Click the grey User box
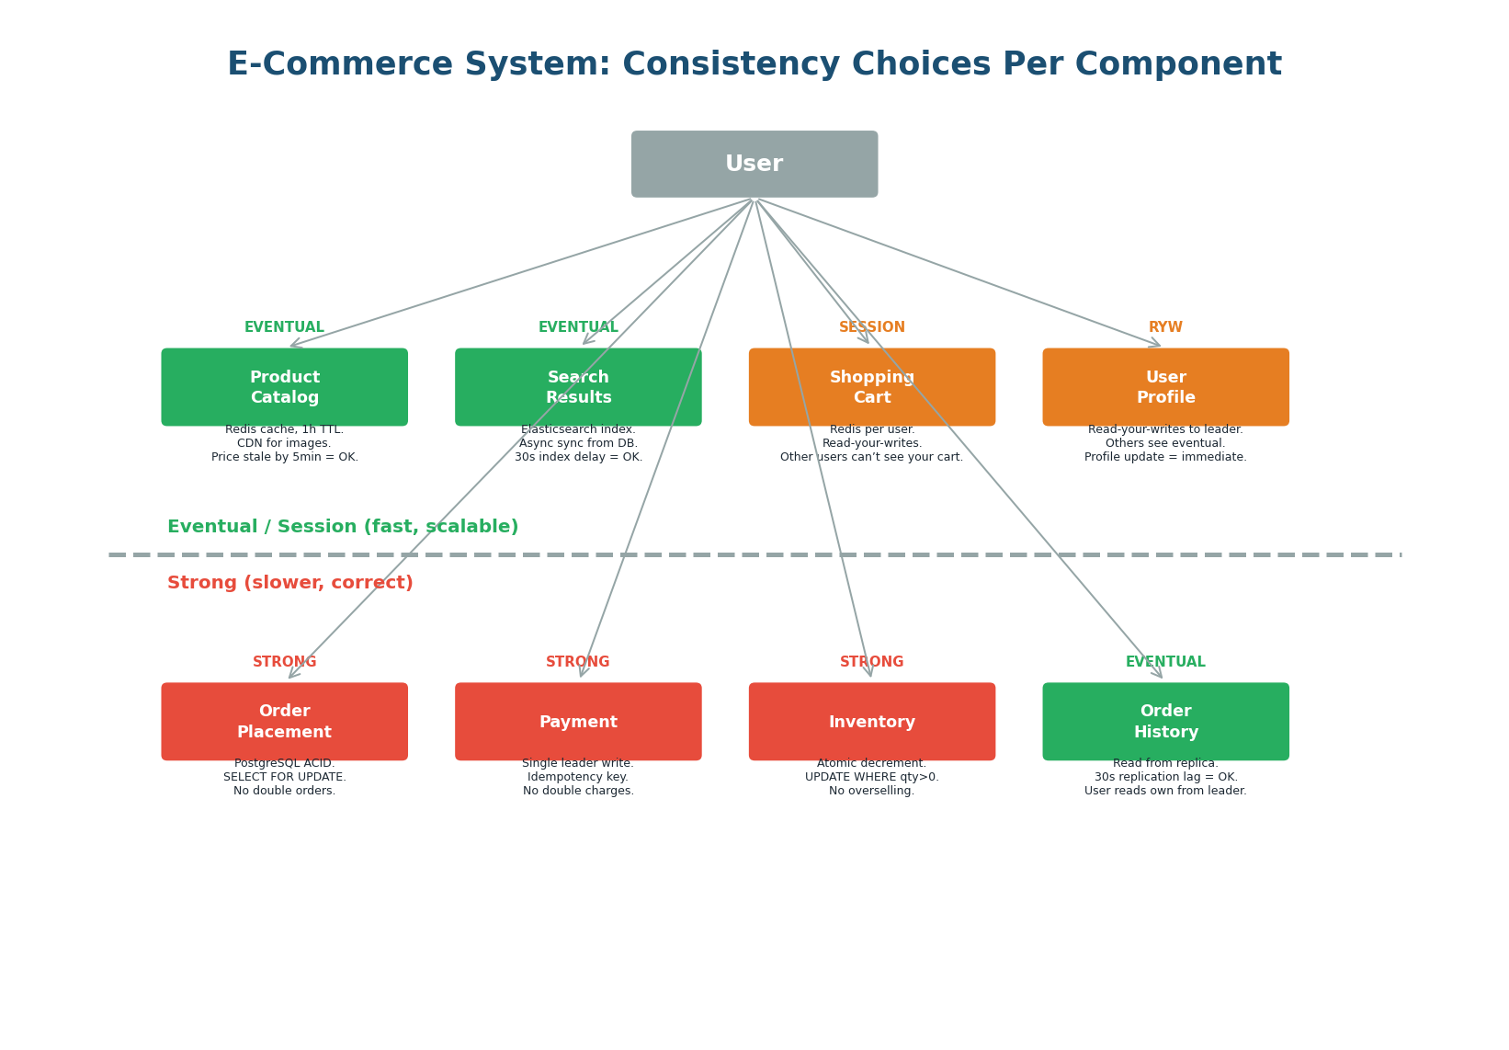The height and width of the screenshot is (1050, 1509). point(754,164)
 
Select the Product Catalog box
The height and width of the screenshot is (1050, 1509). point(284,387)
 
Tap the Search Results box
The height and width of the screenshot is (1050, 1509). point(578,387)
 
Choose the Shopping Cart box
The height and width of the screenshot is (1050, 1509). point(871,387)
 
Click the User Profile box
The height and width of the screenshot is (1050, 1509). point(1165,387)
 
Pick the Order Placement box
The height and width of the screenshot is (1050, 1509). point(284,722)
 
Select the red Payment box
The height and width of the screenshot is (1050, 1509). point(578,722)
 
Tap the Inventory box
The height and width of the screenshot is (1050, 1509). point(871,722)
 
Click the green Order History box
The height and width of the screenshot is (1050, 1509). point(1165,722)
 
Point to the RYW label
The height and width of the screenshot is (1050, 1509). point(1165,327)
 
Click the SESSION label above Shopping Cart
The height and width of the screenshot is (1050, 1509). point(871,327)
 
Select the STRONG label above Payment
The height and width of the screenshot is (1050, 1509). point(578,662)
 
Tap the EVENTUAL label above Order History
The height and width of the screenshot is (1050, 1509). point(1165,662)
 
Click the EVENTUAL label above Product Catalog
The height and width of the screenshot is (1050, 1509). point(284,327)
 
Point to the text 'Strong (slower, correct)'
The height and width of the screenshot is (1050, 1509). point(289,583)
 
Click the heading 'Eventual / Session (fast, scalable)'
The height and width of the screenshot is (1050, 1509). point(343,527)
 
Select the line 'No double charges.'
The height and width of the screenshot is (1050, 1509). point(578,791)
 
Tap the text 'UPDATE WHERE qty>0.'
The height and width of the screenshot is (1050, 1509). point(871,777)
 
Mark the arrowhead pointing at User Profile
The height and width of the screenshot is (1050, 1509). point(1157,345)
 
